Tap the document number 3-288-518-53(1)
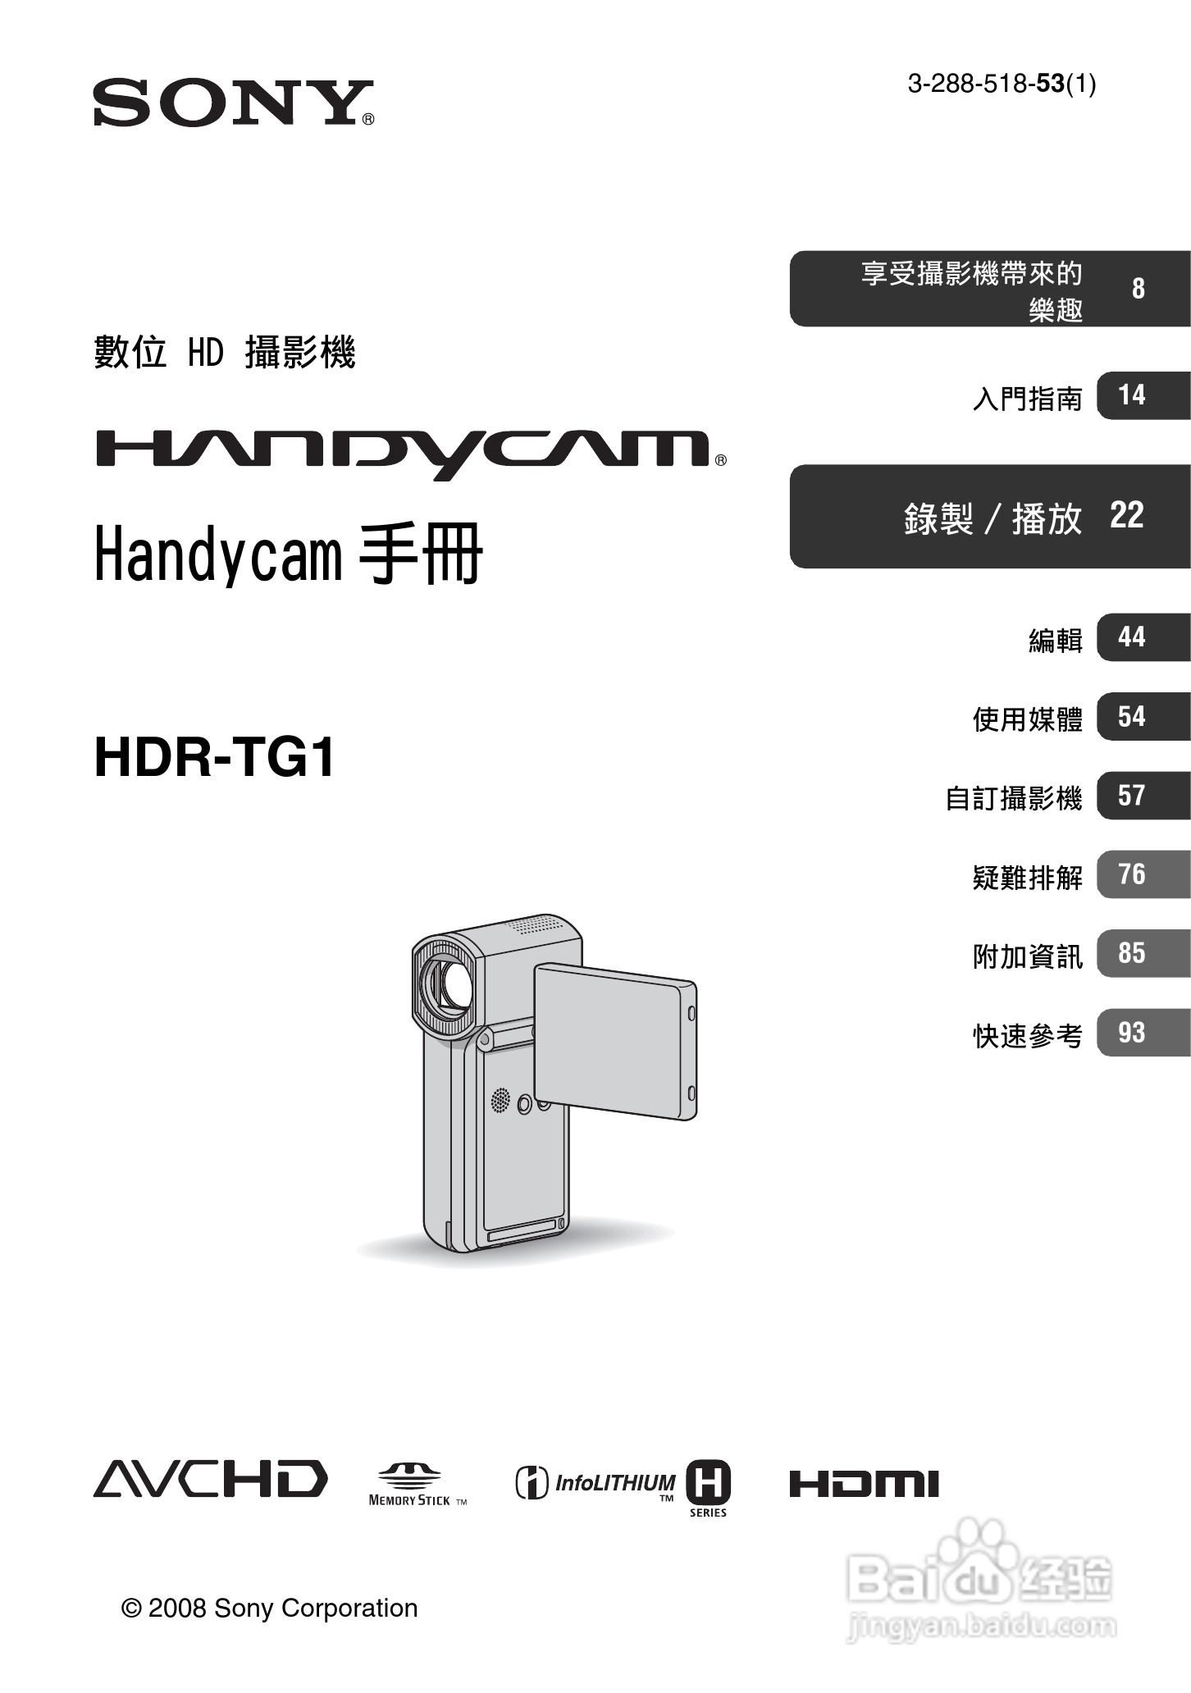click(1001, 84)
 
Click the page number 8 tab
click(1138, 289)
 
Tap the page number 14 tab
click(1132, 395)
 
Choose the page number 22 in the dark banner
click(1126, 516)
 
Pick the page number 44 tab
click(1132, 637)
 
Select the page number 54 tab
click(1132, 717)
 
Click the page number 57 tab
click(1132, 796)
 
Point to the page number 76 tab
click(1132, 874)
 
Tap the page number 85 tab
click(1132, 953)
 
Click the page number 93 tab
click(1132, 1033)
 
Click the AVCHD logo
click(210, 1479)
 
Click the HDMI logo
click(864, 1484)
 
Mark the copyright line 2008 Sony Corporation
click(270, 1608)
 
